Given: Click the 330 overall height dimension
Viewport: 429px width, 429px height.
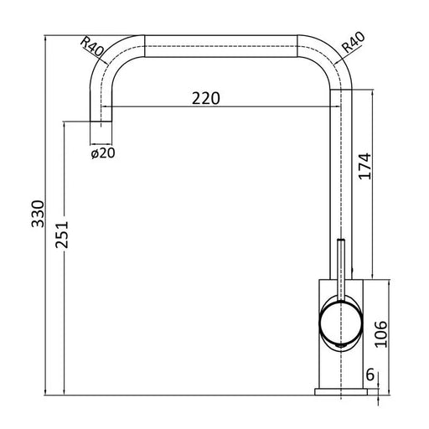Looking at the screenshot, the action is click(38, 214).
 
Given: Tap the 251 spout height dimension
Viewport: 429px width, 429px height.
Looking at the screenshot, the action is click(62, 235).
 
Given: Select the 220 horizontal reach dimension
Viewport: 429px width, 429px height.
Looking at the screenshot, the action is click(206, 98).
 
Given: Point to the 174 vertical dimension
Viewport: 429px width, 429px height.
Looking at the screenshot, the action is click(365, 166).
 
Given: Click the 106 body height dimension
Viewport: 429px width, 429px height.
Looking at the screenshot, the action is click(381, 334).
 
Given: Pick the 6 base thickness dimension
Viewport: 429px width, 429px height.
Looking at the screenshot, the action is click(370, 375).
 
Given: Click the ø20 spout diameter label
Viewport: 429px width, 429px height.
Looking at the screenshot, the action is click(103, 153).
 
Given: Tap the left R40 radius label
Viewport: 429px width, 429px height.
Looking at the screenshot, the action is click(92, 46).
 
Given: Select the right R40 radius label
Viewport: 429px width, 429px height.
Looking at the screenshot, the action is click(354, 43).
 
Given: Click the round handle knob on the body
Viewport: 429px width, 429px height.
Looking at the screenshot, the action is click(341, 323).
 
